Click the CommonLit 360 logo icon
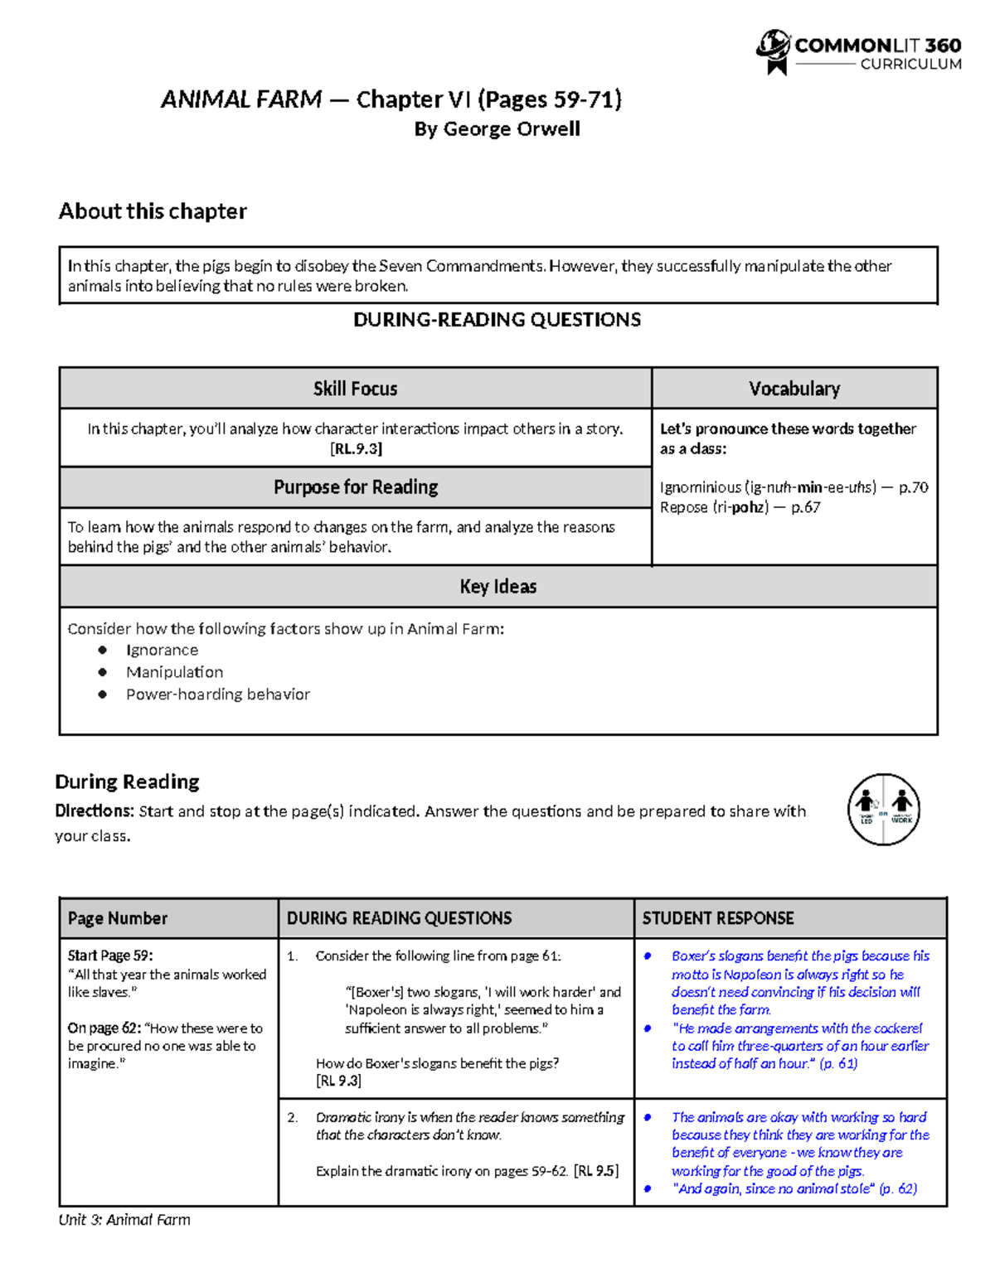click(x=773, y=52)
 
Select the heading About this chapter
click(x=153, y=211)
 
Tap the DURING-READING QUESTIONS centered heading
click(x=497, y=320)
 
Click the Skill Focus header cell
click(x=355, y=389)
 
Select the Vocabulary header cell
click(x=794, y=389)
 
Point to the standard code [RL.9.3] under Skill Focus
click(x=356, y=449)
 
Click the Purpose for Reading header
click(x=356, y=487)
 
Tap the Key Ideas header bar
click(x=498, y=587)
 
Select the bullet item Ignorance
click(x=162, y=651)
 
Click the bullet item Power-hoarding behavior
click(x=217, y=694)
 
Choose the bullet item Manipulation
click(x=174, y=672)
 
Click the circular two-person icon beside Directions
click(x=883, y=810)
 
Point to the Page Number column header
click(x=118, y=918)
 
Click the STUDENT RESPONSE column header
click(x=718, y=918)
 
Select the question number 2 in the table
click(x=292, y=1117)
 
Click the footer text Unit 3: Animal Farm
click(x=124, y=1220)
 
